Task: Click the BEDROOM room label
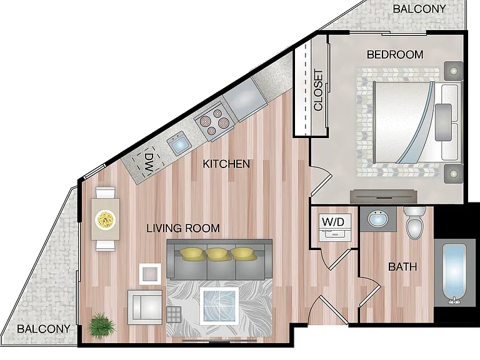point(395,54)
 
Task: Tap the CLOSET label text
point(318,90)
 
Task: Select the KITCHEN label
point(226,164)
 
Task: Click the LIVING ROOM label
point(183,228)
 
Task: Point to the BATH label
point(402,267)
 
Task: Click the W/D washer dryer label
point(333,221)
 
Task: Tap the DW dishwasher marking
point(149,162)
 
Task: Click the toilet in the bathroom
point(414,222)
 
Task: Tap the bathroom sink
point(378,219)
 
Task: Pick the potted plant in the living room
point(101,325)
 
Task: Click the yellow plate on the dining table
point(105,219)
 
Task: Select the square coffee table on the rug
point(219,306)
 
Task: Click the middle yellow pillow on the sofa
point(217,254)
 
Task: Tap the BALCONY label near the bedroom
point(419,9)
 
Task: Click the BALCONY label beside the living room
point(44,329)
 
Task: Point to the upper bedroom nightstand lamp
point(453,71)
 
